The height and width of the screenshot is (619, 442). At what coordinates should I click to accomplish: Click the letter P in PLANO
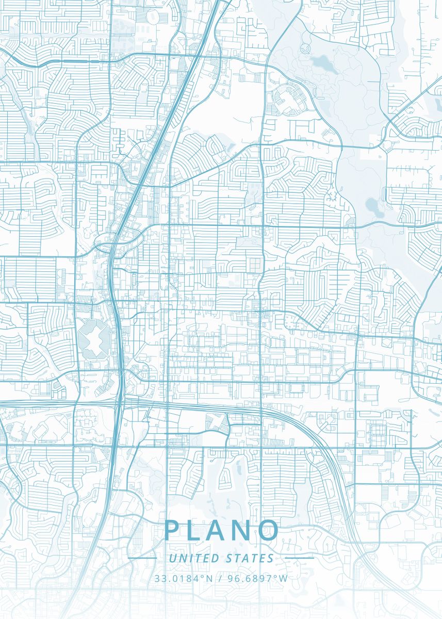173,531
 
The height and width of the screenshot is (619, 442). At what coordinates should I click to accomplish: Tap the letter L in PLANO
198,531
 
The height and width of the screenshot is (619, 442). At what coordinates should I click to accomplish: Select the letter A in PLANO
221,531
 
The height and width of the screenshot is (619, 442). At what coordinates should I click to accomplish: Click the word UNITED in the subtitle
193,558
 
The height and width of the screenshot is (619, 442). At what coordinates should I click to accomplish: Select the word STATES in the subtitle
250,558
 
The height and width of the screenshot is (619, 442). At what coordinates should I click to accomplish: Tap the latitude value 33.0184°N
184,578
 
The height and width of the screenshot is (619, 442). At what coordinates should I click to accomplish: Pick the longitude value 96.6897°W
256,578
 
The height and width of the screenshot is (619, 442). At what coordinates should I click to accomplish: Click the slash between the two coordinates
220,578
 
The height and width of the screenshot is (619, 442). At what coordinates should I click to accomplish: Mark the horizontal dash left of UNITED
142,558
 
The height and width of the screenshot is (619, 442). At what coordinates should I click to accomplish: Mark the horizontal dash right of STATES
299,558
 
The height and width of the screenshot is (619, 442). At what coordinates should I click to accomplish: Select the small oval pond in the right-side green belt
372,205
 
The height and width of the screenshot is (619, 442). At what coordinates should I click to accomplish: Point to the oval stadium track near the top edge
153,17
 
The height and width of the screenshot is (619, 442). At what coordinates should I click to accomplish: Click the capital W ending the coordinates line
283,578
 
